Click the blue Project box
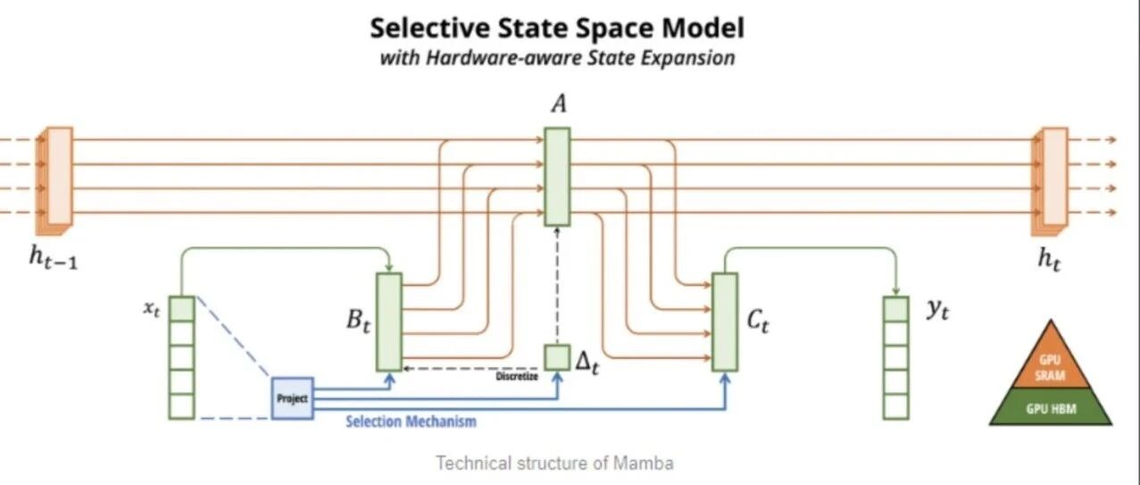(292, 398)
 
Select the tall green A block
(557, 176)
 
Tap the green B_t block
(389, 322)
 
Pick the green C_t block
(725, 322)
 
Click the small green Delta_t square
(557, 356)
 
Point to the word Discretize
(517, 375)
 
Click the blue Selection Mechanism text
(411, 421)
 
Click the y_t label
(936, 313)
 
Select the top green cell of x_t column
(181, 309)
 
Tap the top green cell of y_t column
(895, 309)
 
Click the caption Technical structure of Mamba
(554, 463)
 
